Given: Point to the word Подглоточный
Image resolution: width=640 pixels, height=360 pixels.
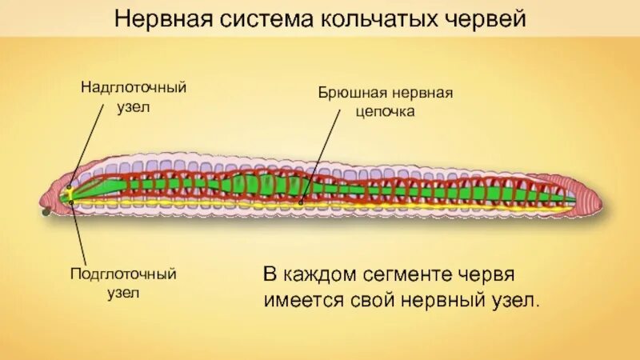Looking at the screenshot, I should (123, 274).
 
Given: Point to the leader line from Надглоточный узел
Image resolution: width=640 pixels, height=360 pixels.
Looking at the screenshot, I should (88, 143).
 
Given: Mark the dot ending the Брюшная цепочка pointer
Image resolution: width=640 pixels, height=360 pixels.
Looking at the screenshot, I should (302, 202).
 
